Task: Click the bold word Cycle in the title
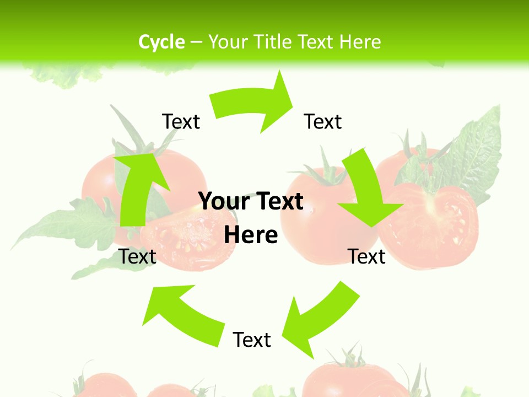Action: click(x=161, y=42)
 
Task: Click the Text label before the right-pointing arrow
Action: click(x=181, y=122)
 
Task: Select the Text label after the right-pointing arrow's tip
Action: click(x=322, y=122)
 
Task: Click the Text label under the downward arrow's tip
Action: click(x=366, y=256)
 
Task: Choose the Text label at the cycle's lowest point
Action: click(x=252, y=340)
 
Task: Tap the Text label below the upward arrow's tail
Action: click(x=137, y=256)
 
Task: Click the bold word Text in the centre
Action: click(x=277, y=202)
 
